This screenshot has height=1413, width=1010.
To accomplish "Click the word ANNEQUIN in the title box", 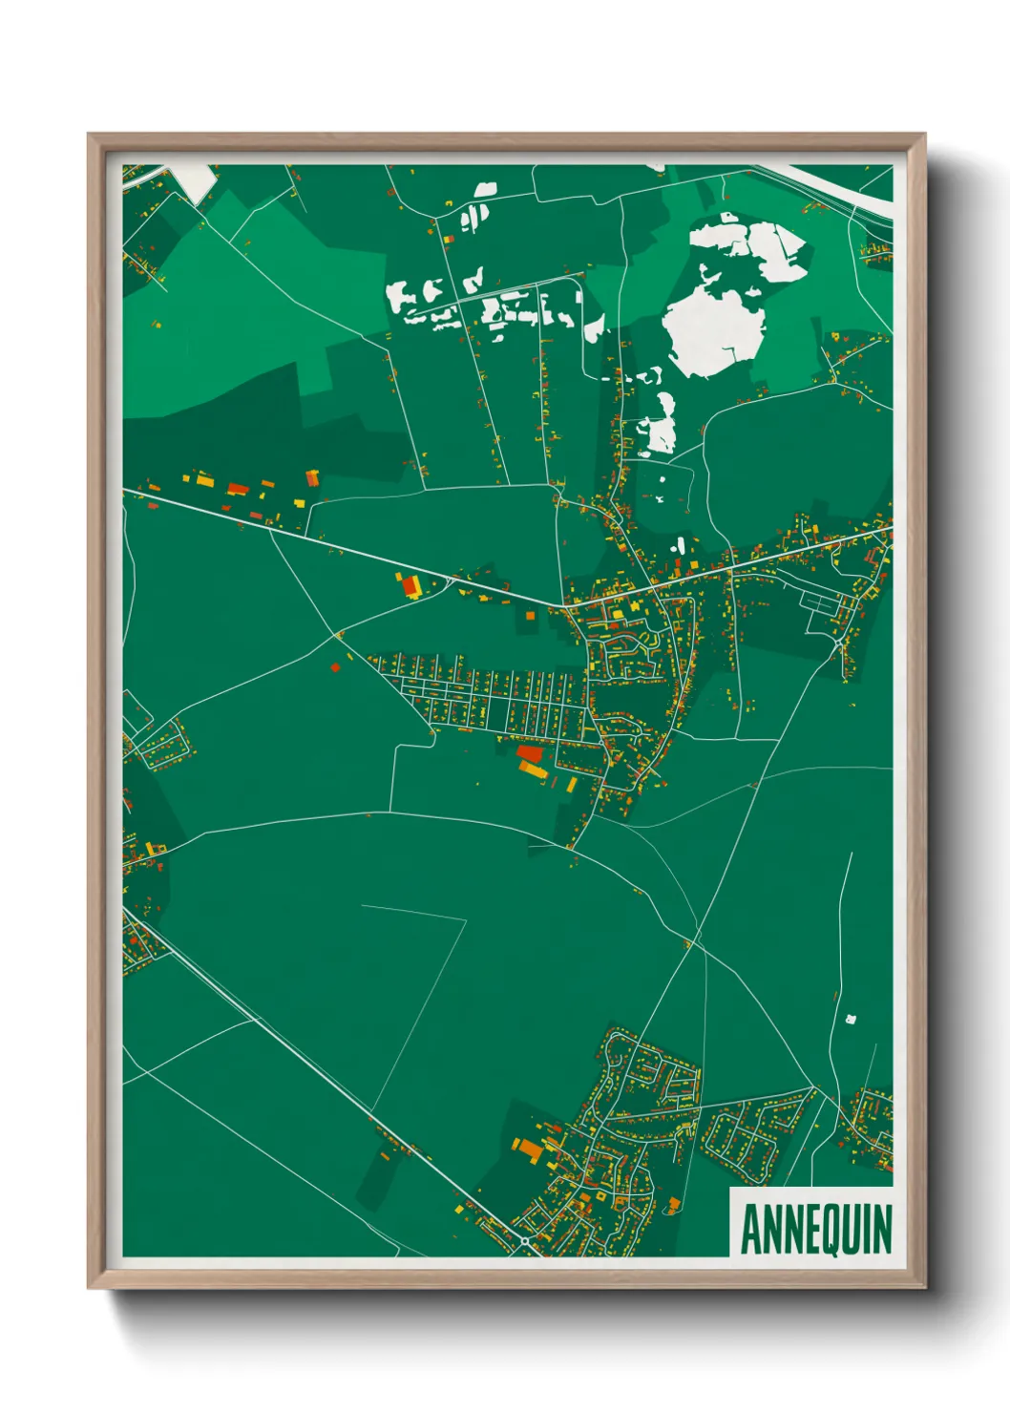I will tap(815, 1230).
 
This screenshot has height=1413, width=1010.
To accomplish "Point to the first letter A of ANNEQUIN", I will tap(750, 1230).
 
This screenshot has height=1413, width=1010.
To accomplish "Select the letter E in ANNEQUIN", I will tap(811, 1230).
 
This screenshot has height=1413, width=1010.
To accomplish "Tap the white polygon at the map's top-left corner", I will tap(197, 181).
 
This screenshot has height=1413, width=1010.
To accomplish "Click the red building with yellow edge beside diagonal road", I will tap(411, 585).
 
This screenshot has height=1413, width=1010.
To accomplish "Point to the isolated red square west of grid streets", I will tap(335, 666).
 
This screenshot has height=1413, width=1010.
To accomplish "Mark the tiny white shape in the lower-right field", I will tap(851, 1019).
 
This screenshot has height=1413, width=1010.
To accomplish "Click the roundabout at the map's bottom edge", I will tap(525, 1241).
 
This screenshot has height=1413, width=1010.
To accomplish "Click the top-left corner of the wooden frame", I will tap(90, 135).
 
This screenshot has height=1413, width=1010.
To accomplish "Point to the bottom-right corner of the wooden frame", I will tap(923, 1286).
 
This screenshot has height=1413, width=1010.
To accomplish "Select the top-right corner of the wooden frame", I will tap(923, 135).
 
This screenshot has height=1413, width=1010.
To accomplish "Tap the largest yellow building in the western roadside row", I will tap(204, 480).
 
